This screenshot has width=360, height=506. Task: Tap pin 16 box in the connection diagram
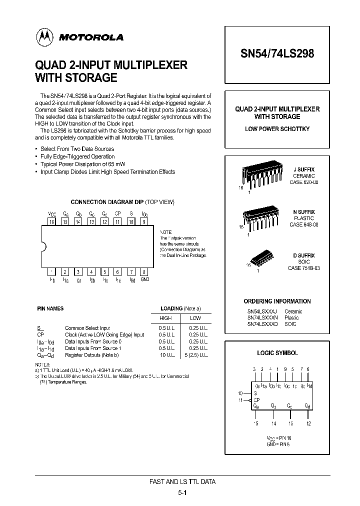click(51, 221)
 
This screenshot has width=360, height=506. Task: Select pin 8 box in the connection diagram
click(144, 272)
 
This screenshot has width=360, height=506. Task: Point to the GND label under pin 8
click(144, 280)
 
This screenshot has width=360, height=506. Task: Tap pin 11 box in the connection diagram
click(117, 221)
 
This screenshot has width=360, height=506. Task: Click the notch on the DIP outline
click(43, 246)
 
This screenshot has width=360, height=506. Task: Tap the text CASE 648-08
click(303, 225)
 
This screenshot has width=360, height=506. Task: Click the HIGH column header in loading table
click(165, 318)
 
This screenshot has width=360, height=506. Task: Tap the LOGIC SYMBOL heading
click(277, 352)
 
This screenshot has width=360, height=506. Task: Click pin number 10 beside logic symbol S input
click(240, 393)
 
